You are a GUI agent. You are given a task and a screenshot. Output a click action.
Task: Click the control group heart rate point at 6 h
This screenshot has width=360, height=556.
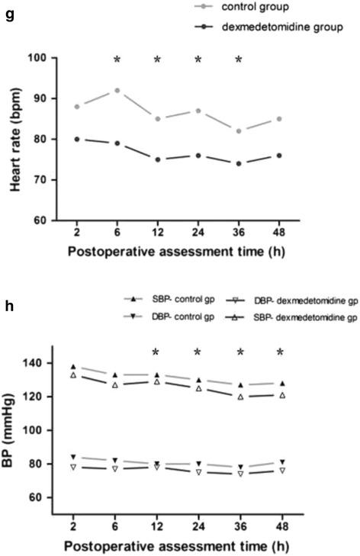117,90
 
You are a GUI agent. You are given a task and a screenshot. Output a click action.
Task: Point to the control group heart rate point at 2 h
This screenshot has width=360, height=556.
77,106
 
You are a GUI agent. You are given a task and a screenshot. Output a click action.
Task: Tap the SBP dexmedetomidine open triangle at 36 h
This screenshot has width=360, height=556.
239,397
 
